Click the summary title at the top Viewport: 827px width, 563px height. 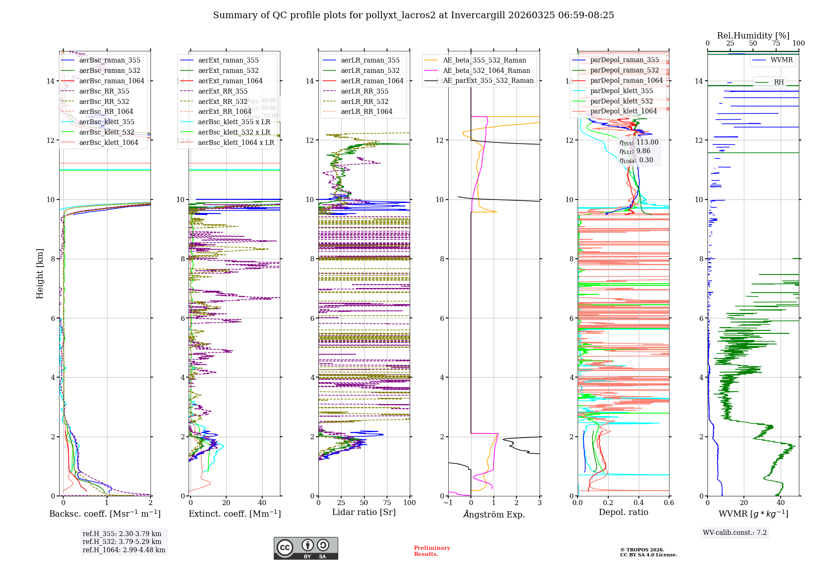413,15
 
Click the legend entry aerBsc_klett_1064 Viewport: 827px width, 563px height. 108,142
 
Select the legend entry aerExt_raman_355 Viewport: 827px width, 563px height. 228,60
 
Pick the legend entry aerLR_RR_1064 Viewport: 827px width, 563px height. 366,111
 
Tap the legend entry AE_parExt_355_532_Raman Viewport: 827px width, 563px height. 488,80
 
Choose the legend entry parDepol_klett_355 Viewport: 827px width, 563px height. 621,91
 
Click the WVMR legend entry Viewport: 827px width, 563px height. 782,60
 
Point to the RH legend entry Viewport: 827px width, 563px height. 779,82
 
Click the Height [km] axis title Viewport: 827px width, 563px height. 40,274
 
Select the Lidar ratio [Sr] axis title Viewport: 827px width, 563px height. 364,512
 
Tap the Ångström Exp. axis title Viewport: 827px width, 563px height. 494,514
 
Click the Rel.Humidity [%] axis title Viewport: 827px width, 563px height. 753,36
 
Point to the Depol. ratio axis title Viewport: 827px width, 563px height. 623,512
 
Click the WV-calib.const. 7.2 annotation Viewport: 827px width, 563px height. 735,532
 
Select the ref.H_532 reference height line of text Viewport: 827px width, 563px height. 122,541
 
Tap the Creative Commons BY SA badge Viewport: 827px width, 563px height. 306,548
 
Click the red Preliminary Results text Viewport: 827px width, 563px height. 432,551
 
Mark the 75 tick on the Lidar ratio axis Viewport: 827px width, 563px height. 387,503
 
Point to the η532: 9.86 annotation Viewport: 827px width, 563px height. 635,151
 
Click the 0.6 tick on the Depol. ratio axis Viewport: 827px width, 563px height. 669,503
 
